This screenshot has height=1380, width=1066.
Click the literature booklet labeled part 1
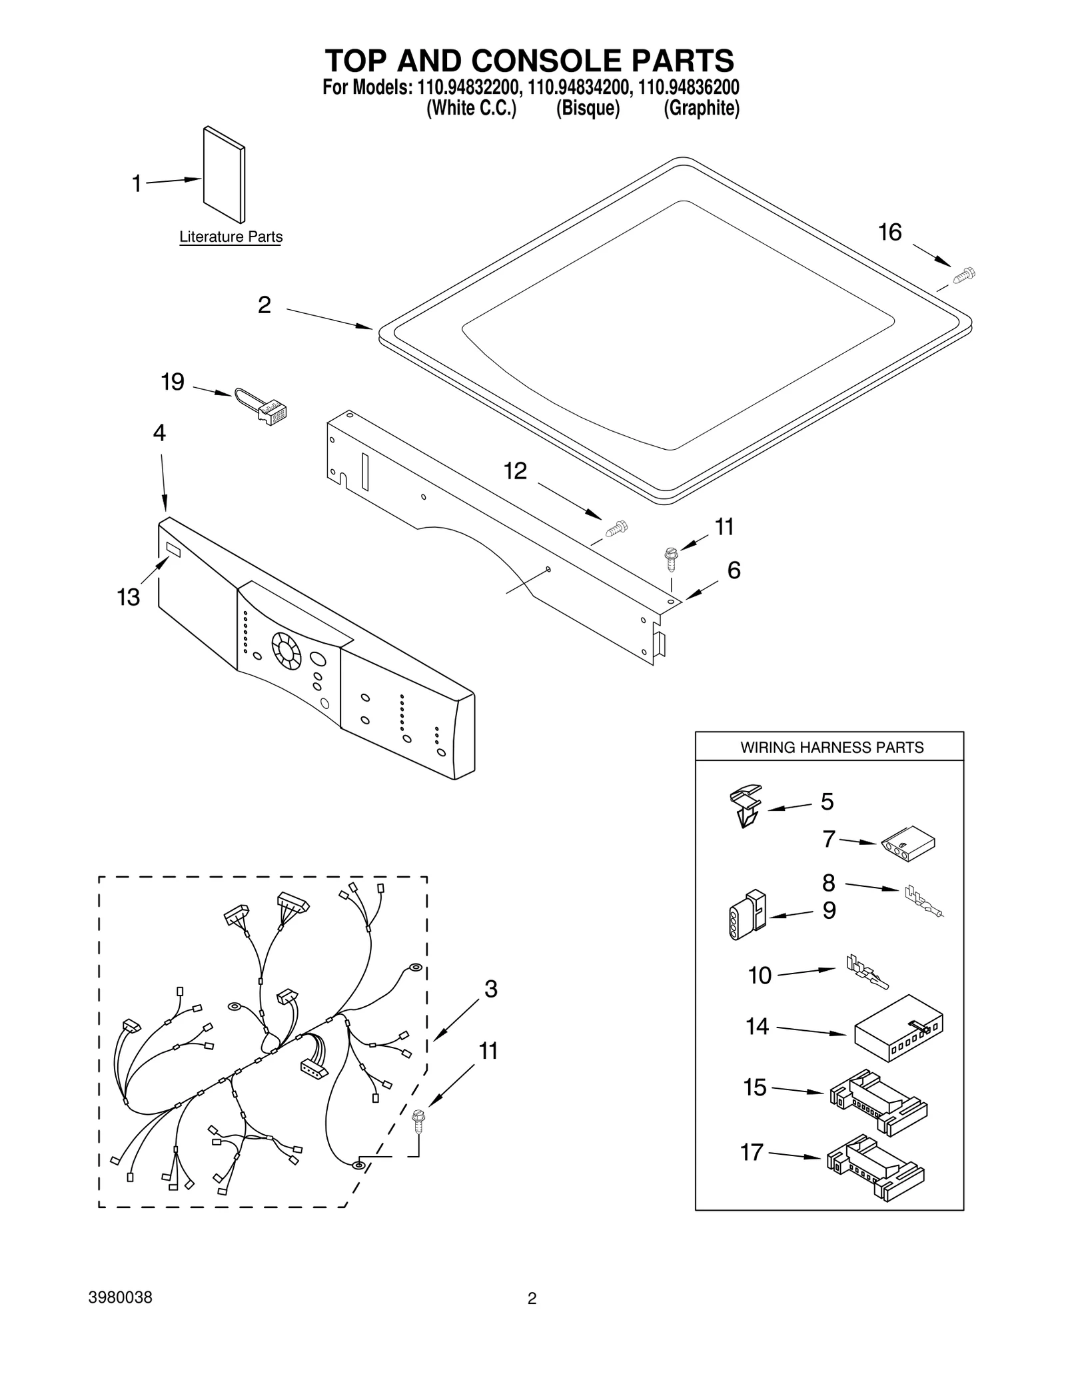click(x=223, y=175)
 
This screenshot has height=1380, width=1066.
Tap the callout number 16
click(x=889, y=233)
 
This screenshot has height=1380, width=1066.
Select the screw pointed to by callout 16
click(x=963, y=275)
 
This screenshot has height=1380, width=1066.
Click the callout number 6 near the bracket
click(x=734, y=570)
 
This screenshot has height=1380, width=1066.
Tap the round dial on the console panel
click(x=286, y=650)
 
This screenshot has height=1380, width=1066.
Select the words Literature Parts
click(x=231, y=237)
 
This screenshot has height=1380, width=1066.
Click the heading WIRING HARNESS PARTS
click(x=831, y=748)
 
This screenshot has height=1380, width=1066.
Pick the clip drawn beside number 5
click(x=746, y=805)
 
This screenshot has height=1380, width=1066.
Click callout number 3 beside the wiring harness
click(x=490, y=989)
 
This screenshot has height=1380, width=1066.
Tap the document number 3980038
click(x=120, y=1298)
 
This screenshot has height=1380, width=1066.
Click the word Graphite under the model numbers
click(x=701, y=109)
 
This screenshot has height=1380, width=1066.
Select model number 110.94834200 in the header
click(x=578, y=88)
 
